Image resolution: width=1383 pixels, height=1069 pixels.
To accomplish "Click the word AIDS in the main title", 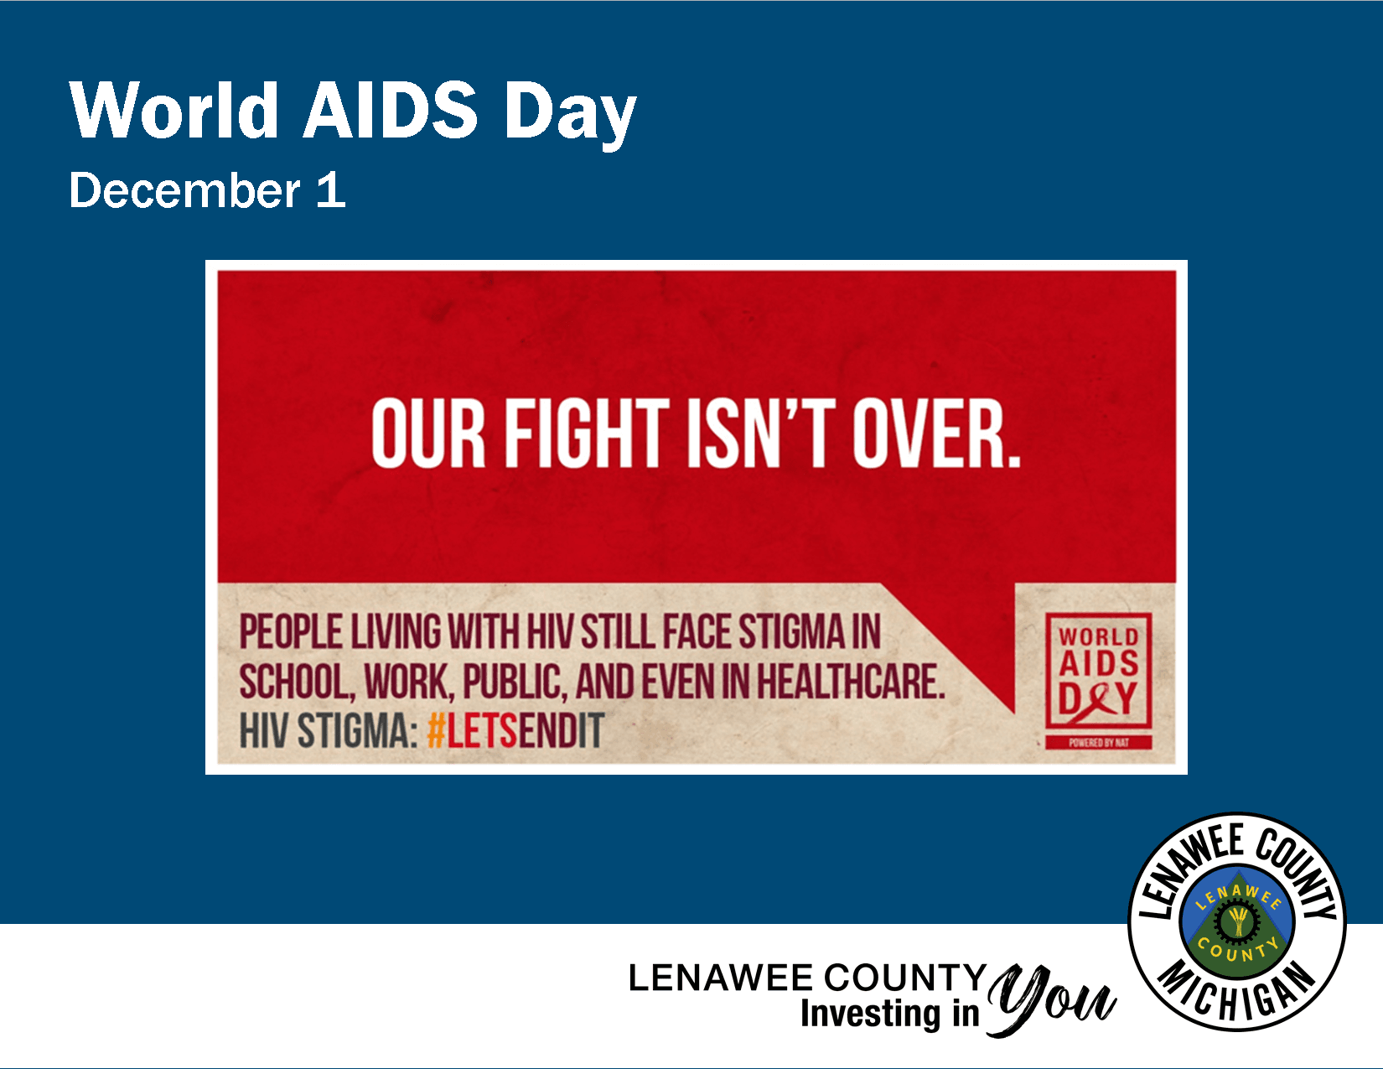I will coord(391,110).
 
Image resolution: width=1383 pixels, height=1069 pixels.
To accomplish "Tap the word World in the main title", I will coord(174,110).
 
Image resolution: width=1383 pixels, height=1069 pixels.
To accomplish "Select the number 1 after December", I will coord(331,190).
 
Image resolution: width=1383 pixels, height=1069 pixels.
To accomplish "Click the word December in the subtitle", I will coord(184,190).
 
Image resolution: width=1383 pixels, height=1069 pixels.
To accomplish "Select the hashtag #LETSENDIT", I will coord(515,731).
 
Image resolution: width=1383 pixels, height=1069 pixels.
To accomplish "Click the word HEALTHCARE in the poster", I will coord(850,682).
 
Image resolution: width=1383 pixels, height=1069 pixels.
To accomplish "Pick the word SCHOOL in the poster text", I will coord(293,682).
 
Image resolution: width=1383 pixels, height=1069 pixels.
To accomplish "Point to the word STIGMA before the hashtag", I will coord(357,731).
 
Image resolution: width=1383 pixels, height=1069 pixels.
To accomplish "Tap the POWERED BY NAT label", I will coord(1098,743).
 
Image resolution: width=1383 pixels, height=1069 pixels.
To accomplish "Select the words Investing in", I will coord(889,1013).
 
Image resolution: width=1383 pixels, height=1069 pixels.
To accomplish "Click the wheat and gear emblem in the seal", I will coord(1237,921).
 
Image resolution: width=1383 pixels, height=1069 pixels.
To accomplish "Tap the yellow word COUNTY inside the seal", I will coord(1237,952).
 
